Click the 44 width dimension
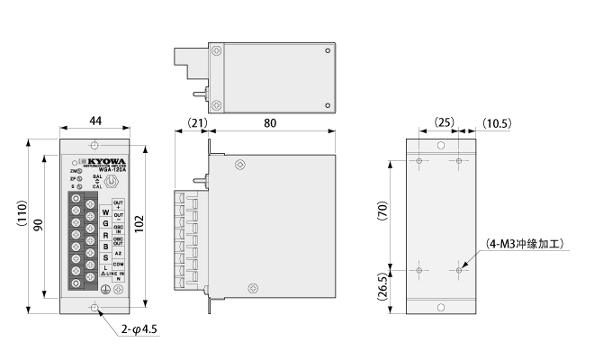click(x=94, y=121)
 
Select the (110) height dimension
click(x=23, y=224)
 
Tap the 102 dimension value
click(x=139, y=225)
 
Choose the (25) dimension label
click(x=441, y=121)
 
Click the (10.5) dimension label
click(x=496, y=121)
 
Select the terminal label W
click(x=105, y=212)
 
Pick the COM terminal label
click(x=118, y=264)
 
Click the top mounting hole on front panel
click(x=94, y=146)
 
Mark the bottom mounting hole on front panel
click(x=94, y=308)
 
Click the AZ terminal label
click(x=118, y=253)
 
